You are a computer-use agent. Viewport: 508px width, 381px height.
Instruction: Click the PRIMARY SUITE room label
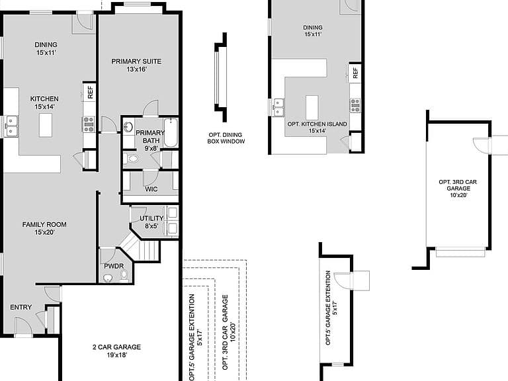tap(136, 62)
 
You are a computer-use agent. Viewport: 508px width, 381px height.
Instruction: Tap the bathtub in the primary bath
tap(171, 133)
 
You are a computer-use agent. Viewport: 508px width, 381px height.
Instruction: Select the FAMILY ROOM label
tap(44, 224)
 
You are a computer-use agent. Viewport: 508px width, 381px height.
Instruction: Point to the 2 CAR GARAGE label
tap(116, 347)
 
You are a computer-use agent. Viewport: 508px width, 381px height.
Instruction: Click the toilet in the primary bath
tap(130, 159)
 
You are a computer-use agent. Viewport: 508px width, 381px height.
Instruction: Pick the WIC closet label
tap(151, 189)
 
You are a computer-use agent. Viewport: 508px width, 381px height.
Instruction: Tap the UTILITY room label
tap(151, 218)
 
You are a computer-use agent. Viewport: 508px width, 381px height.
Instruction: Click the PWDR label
tap(114, 266)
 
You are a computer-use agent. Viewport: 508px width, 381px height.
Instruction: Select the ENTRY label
tap(21, 307)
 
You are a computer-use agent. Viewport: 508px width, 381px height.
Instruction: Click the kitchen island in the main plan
tap(46, 125)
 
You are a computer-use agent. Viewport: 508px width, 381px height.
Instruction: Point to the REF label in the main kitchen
tap(91, 92)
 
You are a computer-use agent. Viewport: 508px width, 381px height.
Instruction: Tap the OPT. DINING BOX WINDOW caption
tap(226, 138)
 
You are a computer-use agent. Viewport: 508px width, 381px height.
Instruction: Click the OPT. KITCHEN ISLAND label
tap(317, 124)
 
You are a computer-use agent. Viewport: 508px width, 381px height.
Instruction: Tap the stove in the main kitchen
tap(89, 124)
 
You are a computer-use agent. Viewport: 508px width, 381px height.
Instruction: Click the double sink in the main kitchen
tap(11, 126)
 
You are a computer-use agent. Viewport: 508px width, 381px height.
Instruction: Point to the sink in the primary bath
tap(128, 127)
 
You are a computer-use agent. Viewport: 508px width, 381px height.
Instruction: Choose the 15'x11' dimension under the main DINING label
tap(46, 52)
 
